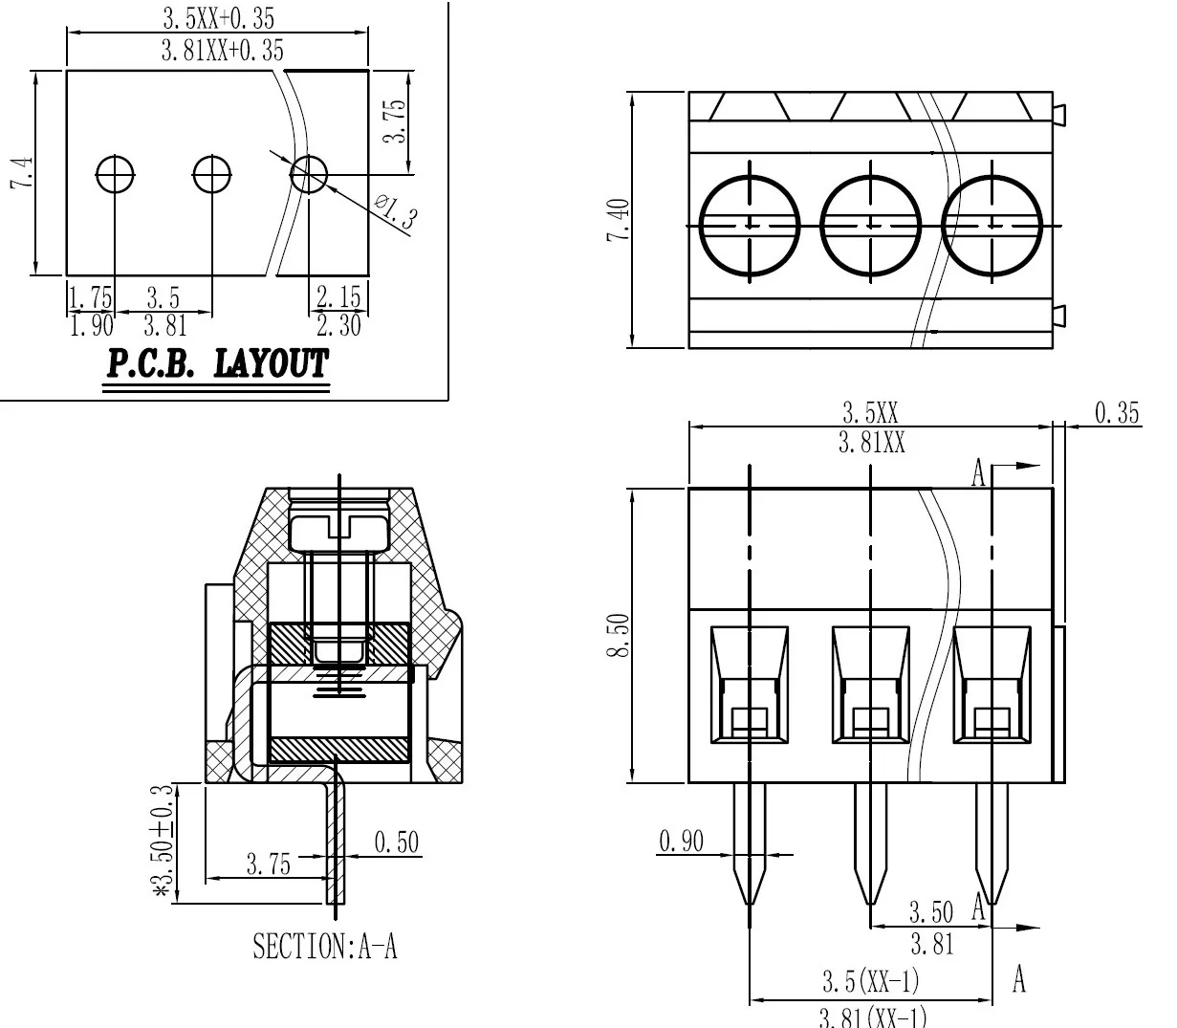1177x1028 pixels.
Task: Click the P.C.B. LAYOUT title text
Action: click(217, 364)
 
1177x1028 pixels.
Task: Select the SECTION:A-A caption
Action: click(324, 947)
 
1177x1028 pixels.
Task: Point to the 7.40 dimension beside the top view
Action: click(619, 220)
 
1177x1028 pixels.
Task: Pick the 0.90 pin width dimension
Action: click(681, 841)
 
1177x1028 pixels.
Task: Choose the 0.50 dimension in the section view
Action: click(396, 842)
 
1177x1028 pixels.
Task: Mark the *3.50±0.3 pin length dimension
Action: click(164, 842)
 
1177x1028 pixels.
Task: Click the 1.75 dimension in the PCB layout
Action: click(91, 296)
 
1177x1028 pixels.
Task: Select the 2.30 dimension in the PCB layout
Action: click(338, 326)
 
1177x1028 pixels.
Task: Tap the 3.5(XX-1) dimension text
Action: click(870, 981)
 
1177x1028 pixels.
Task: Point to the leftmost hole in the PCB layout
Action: click(115, 174)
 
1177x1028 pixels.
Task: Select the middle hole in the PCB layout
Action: click(211, 174)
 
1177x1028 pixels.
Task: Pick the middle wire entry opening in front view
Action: click(869, 685)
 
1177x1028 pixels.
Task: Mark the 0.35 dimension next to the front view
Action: click(1116, 412)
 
